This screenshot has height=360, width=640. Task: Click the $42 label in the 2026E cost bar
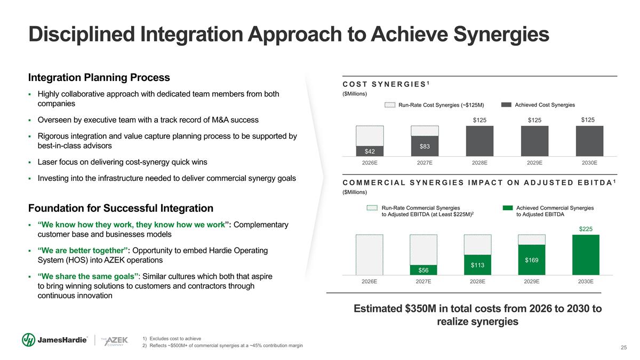tap(370, 151)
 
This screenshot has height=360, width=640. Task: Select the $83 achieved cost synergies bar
tap(425, 146)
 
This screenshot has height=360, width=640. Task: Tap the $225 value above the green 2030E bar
tap(586, 229)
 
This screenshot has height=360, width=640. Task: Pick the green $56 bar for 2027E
tap(423, 270)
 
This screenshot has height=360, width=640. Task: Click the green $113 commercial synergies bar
tap(477, 265)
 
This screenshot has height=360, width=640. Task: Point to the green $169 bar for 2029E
tap(531, 260)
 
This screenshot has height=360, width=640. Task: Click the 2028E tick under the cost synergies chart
tap(479, 163)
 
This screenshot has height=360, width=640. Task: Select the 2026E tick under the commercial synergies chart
tap(369, 282)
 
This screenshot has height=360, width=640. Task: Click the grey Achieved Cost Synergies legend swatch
tap(506, 105)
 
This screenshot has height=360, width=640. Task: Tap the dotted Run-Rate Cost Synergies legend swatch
tap(390, 105)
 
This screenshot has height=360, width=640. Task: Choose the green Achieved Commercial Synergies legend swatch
tap(508, 207)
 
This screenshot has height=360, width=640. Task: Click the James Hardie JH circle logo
tap(29, 340)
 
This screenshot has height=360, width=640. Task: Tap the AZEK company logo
tap(115, 341)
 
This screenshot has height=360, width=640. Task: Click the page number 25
tap(623, 347)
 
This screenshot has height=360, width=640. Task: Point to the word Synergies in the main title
tap(501, 35)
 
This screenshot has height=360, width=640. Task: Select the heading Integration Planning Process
tap(99, 77)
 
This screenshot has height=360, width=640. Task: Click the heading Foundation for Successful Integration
tap(121, 208)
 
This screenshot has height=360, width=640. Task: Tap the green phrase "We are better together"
tap(83, 250)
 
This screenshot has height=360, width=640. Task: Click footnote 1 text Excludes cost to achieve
tap(175, 339)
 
